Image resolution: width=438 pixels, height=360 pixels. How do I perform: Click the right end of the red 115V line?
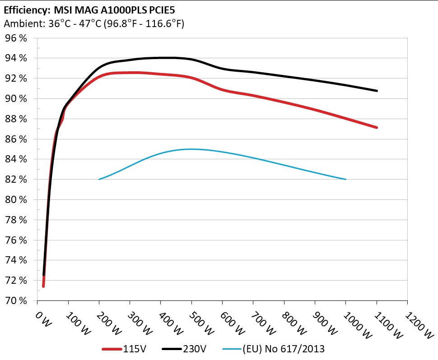click(376, 128)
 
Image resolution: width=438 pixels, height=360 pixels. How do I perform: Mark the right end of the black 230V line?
click(376, 91)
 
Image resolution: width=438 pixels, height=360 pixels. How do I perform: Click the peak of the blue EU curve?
click(192, 149)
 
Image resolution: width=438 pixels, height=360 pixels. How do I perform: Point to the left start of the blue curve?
click(99, 179)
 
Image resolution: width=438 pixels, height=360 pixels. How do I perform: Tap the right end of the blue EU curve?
click(345, 179)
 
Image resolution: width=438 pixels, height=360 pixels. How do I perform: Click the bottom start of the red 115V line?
click(43, 286)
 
